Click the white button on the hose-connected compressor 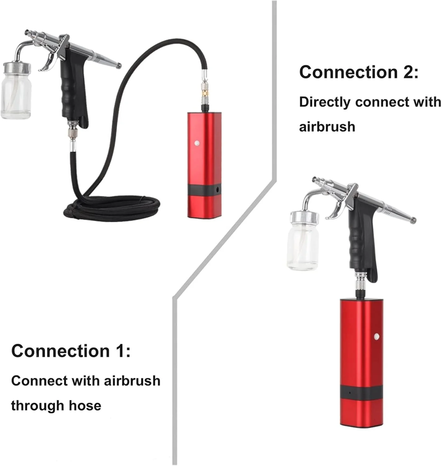[197, 143]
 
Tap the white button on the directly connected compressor [376, 336]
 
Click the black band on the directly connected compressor [361, 392]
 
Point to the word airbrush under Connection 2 [327, 127]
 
